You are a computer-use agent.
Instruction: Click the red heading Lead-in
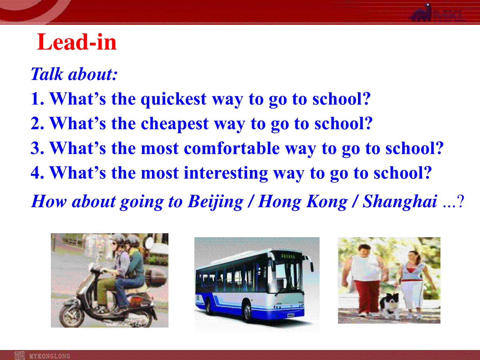[77, 42]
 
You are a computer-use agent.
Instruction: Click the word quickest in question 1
[174, 100]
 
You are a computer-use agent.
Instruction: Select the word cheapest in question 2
[175, 124]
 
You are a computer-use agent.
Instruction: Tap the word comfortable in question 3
[232, 148]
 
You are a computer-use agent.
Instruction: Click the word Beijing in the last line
[215, 202]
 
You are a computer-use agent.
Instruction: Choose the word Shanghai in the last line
[400, 202]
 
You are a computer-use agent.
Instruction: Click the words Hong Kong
[303, 202]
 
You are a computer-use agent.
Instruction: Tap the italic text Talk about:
[74, 74]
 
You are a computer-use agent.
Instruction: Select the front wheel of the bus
[248, 312]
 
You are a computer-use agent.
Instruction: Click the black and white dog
[390, 305]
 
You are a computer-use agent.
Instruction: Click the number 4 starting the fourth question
[35, 173]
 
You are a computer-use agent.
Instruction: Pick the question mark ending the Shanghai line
[460, 202]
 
